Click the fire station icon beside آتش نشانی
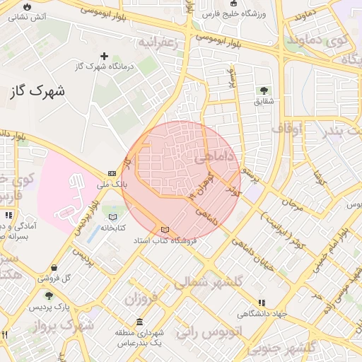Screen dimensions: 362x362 click(x=28, y=6)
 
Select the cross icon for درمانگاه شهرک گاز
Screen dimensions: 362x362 click(x=105, y=56)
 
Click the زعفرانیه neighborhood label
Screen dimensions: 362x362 click(x=165, y=42)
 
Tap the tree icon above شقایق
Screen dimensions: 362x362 click(x=264, y=90)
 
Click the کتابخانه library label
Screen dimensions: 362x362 click(x=113, y=228)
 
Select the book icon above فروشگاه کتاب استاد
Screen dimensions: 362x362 click(x=165, y=230)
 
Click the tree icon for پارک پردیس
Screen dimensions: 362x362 click(x=49, y=296)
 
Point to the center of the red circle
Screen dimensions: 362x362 click(x=182, y=180)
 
